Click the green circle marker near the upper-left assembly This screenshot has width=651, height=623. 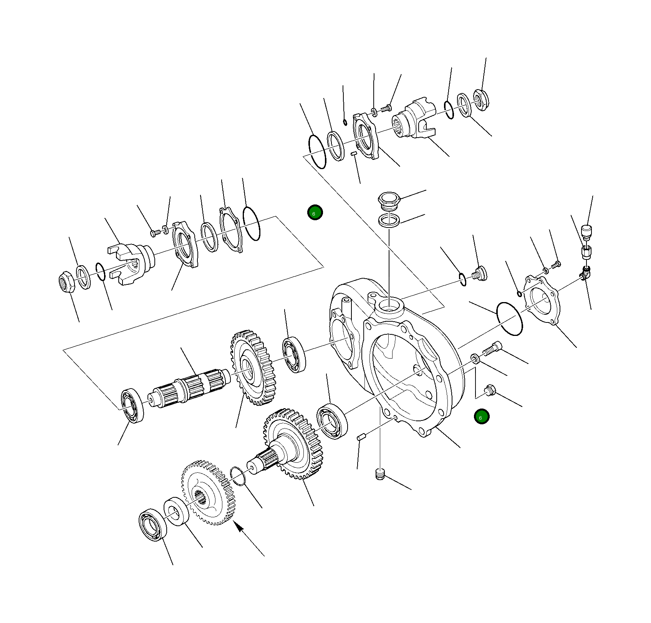coord(315,213)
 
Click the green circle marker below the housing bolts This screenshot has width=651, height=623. coord(481,417)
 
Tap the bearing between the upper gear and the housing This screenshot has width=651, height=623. coord(294,354)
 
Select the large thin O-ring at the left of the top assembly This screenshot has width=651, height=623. coord(317,151)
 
